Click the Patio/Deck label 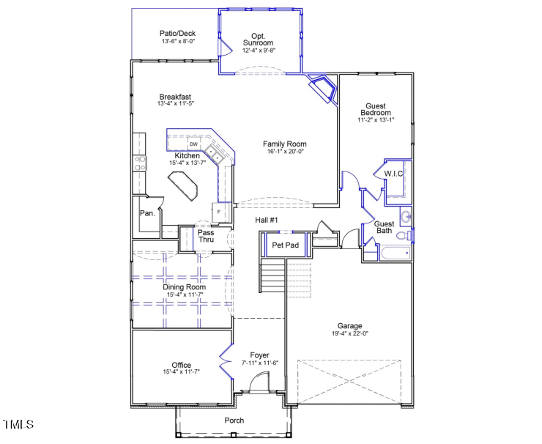click(178, 33)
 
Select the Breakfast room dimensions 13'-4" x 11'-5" click(175, 104)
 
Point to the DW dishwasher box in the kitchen click(194, 144)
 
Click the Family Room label click(284, 144)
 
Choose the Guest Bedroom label click(375, 109)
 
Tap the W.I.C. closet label click(394, 174)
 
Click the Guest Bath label click(384, 227)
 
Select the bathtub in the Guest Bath click(394, 254)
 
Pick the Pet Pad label click(285, 245)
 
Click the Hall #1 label click(266, 220)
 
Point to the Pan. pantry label click(147, 213)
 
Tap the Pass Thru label click(206, 236)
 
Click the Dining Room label click(184, 287)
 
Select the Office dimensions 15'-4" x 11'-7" click(181, 372)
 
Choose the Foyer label click(260, 355)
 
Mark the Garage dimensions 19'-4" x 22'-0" click(349, 333)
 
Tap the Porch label click(234, 421)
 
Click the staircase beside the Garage click(273, 278)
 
